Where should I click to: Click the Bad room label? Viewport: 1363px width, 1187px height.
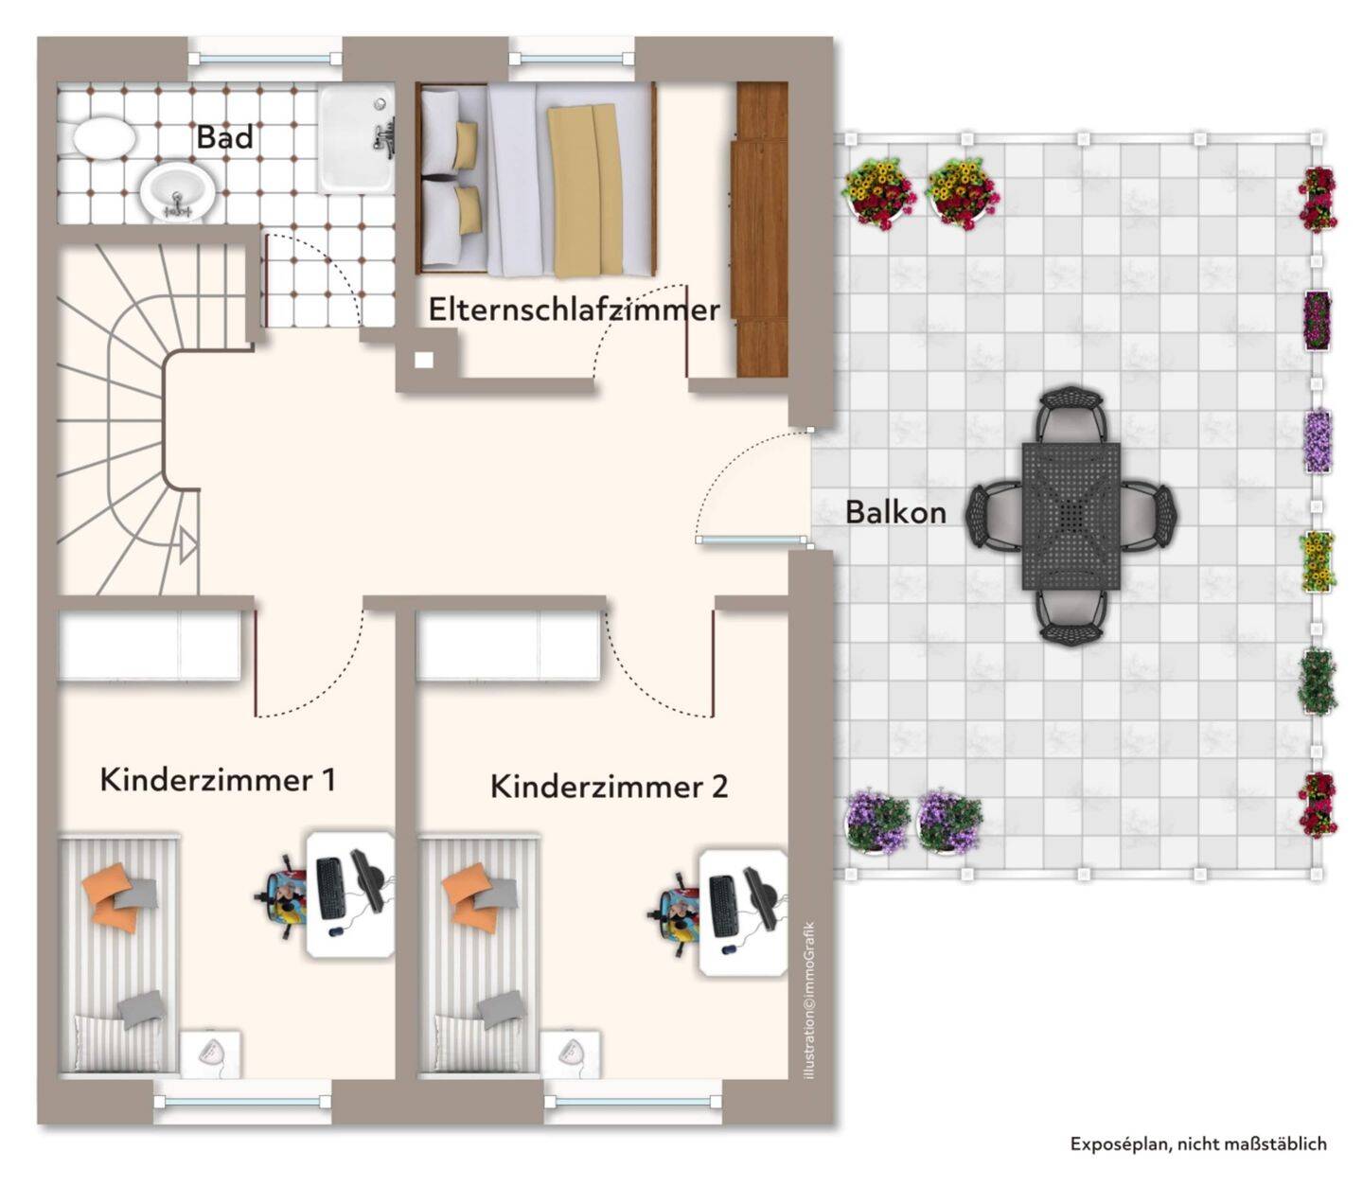pos(224,137)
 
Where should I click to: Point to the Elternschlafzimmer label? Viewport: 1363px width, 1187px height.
pos(574,310)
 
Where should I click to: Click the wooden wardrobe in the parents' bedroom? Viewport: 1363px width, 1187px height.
pos(762,229)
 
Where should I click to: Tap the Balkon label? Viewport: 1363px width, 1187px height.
pos(894,512)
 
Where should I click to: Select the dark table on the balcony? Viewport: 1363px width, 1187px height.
pos(1071,515)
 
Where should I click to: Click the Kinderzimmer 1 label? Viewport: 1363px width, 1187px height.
pos(218,780)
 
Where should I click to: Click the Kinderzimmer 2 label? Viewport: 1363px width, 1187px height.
pos(609,787)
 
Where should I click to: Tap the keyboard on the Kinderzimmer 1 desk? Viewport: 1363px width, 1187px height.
pos(330,888)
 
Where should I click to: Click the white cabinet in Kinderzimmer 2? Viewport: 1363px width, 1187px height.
pos(508,646)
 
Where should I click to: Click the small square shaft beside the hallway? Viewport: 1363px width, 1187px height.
pos(424,360)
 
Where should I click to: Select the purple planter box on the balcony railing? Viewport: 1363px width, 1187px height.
pos(1318,440)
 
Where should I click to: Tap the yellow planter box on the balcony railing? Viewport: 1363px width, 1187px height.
pos(1317,561)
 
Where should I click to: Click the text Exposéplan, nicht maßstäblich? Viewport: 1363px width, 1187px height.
pos(1197,1143)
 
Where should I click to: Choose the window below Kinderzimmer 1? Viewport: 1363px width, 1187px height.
pos(242,1102)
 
